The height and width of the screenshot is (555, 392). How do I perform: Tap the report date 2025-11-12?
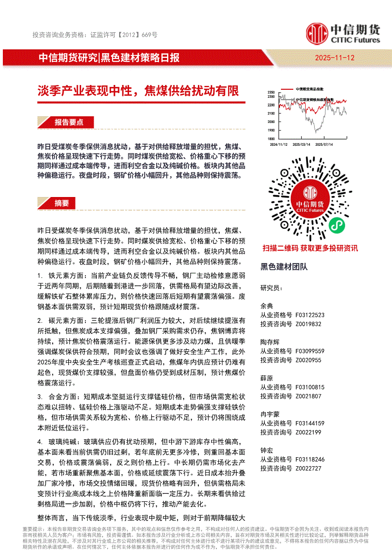(335, 58)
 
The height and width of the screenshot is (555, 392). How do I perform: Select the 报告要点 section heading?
(69, 122)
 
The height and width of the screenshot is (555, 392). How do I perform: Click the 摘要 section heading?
(62, 203)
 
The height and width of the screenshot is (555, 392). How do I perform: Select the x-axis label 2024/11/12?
(278, 144)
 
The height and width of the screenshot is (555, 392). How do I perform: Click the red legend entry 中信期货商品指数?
(309, 89)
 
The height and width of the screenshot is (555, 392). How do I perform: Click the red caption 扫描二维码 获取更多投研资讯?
(310, 248)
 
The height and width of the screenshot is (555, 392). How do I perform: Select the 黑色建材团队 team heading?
(284, 267)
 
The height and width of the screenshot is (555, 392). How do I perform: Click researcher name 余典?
(267, 306)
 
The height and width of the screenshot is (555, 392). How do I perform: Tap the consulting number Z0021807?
(308, 396)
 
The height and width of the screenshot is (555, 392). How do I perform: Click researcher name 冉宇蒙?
(270, 414)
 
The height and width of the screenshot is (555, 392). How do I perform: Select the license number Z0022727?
(308, 468)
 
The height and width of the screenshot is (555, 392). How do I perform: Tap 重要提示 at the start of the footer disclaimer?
(33, 528)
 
